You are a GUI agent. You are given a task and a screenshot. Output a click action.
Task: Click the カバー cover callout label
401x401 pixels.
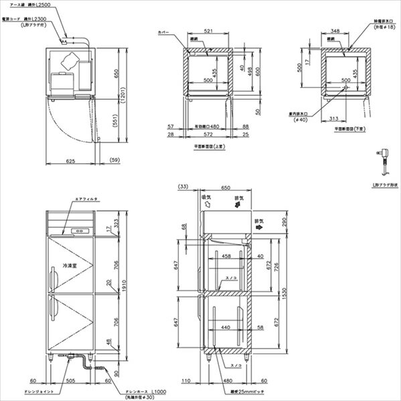163,31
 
